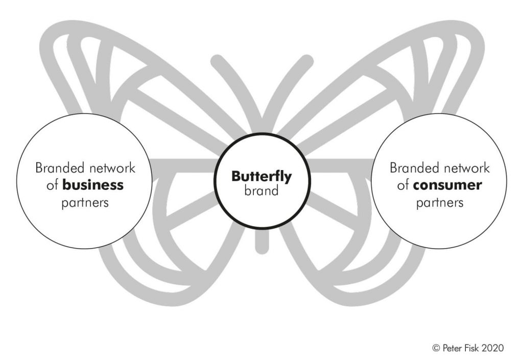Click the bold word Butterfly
261,177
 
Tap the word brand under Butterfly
261,191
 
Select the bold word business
93,185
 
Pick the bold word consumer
447,185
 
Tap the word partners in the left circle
85,202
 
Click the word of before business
52,185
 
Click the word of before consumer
403,185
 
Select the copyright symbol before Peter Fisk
436,348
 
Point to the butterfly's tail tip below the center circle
261,248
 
